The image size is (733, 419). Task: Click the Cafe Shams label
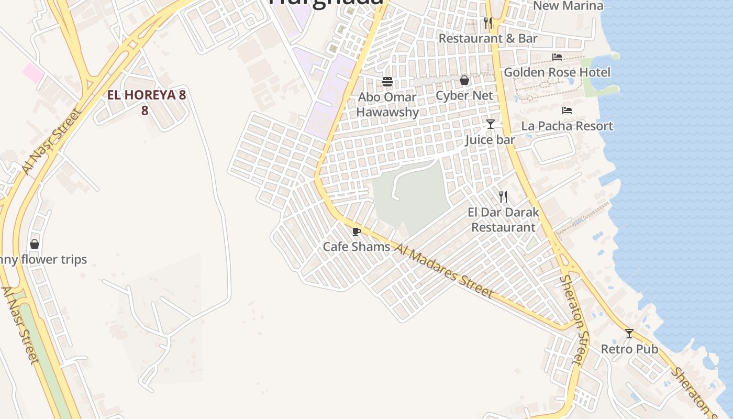click(x=356, y=247)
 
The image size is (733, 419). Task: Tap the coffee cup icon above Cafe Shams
click(x=357, y=231)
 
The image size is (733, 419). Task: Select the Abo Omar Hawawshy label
click(x=387, y=105)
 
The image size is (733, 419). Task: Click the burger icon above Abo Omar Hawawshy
click(x=387, y=81)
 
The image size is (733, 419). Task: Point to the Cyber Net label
click(x=464, y=95)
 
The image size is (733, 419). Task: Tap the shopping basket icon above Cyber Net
click(x=464, y=80)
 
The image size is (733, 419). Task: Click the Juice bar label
click(x=490, y=140)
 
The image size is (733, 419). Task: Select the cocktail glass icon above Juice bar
click(x=491, y=124)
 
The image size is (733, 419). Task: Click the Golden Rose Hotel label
click(x=557, y=72)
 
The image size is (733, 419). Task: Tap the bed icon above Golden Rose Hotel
click(x=557, y=57)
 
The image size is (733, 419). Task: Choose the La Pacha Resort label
click(x=567, y=126)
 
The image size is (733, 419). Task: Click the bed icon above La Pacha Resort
click(x=567, y=110)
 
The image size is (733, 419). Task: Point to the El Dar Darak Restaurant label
click(x=503, y=220)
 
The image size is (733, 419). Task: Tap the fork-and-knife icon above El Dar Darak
click(x=503, y=197)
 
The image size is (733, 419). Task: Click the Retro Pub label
click(x=629, y=349)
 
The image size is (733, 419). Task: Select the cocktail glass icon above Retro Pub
click(x=629, y=334)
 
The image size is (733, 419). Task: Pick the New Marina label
click(x=568, y=6)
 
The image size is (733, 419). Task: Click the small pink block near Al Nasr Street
click(x=33, y=73)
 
